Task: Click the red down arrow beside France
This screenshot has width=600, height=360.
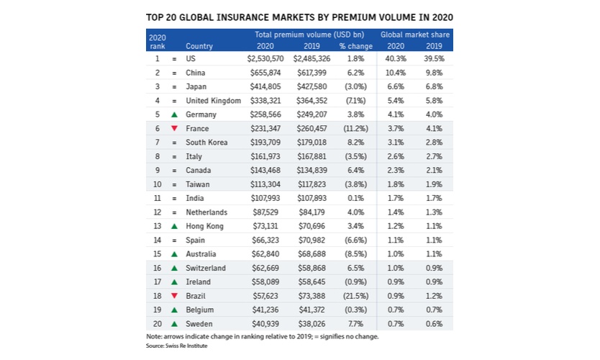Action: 174,129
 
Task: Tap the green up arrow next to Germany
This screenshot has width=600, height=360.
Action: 174,114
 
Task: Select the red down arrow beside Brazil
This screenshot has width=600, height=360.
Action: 174,296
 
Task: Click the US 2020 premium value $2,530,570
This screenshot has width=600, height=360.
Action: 266,59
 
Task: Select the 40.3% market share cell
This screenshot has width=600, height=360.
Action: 395,59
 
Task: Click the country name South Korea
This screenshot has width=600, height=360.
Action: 206,143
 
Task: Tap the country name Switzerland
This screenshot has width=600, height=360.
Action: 206,268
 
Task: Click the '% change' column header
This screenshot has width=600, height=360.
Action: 355,45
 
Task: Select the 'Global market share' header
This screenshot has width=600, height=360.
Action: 414,34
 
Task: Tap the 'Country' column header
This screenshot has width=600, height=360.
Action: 199,45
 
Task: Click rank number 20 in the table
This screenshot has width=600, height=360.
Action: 156,323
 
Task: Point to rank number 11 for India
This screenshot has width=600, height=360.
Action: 156,198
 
